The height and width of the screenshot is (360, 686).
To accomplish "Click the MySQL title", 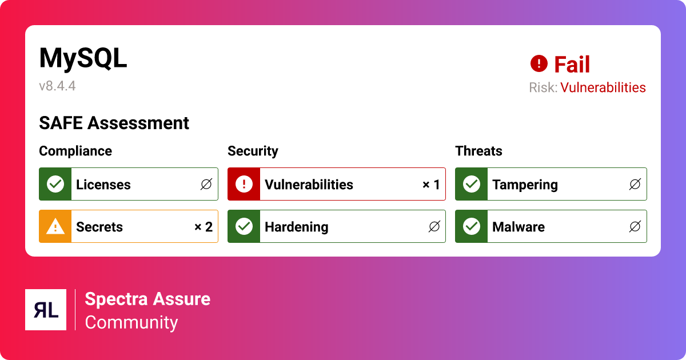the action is click(x=83, y=59).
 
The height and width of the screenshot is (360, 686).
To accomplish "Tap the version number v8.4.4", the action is click(x=57, y=86).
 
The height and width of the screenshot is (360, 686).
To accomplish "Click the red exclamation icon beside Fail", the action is click(x=539, y=63).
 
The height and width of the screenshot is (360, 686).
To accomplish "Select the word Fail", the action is click(x=572, y=64).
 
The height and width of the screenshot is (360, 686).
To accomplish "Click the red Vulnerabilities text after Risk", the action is click(x=603, y=87).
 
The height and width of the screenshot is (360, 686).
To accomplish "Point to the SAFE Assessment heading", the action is click(x=114, y=123).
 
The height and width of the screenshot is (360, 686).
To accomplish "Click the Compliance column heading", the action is click(x=75, y=151).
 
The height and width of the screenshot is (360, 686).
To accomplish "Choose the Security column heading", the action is click(x=253, y=151).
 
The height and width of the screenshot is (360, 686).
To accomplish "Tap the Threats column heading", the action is click(x=478, y=151).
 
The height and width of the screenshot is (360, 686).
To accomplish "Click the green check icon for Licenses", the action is click(x=55, y=184).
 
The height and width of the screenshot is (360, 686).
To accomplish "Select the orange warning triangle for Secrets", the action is click(x=55, y=226).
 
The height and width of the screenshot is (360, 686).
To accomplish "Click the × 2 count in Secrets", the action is click(x=204, y=227).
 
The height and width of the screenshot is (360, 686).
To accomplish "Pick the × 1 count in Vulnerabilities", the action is click(x=431, y=185).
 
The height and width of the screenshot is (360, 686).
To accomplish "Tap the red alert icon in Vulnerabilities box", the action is click(x=244, y=184).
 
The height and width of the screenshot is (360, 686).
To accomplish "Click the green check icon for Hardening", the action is click(x=244, y=226).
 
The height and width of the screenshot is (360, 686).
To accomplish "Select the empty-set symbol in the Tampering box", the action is click(x=635, y=184).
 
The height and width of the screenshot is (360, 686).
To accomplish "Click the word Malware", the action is click(x=519, y=227).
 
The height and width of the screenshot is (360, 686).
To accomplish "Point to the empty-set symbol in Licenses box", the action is click(x=206, y=184).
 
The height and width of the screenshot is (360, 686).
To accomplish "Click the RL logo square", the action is click(x=46, y=310).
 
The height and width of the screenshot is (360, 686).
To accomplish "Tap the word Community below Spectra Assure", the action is click(x=131, y=323).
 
